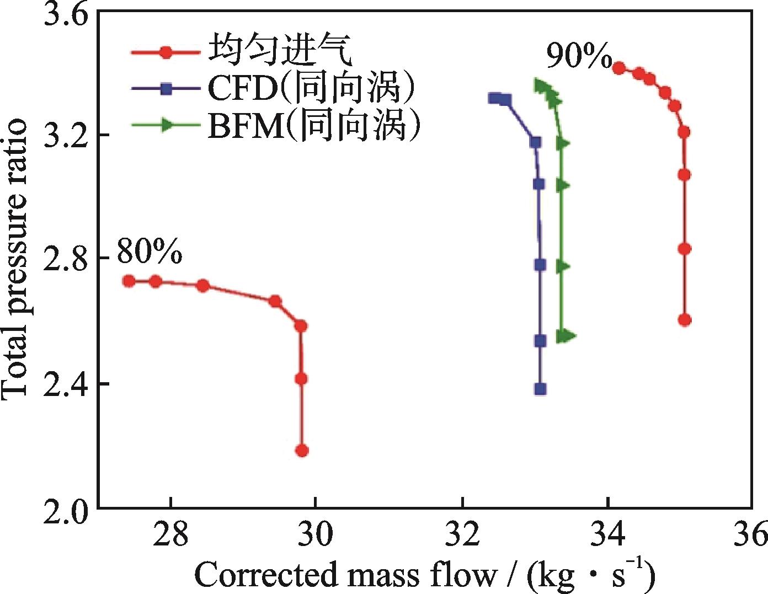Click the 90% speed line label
[x=579, y=56]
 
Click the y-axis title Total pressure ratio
[x=15, y=259]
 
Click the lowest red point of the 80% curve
[x=302, y=451]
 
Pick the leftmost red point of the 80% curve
[x=129, y=281]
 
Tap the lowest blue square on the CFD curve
[x=540, y=389]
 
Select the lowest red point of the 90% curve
[x=685, y=320]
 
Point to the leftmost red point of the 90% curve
[x=618, y=68]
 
